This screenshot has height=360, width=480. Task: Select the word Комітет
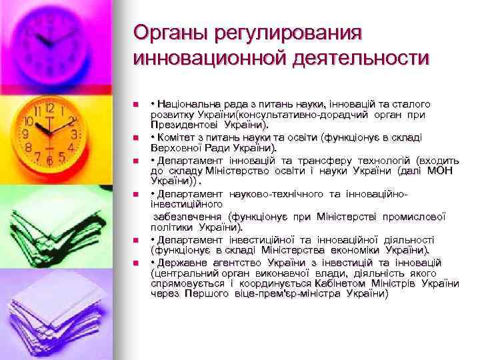click(x=177, y=138)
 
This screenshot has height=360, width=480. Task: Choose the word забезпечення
click(x=189, y=217)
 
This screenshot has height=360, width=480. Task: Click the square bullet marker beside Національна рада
click(x=135, y=105)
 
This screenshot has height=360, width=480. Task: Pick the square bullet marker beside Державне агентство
click(x=135, y=263)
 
